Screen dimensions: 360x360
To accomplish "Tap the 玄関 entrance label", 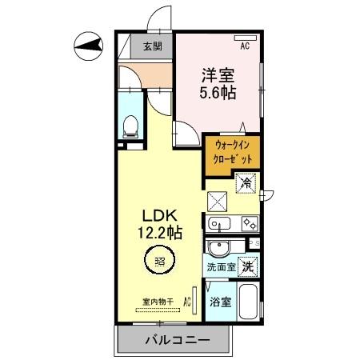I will (153, 46).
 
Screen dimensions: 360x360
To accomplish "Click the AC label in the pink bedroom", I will (245, 46).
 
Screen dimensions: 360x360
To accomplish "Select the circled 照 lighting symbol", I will (159, 260).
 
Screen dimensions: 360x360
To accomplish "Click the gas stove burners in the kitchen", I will (250, 224).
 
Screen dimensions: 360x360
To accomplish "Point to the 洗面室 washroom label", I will (221, 266).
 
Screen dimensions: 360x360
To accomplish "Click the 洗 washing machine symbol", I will (249, 266).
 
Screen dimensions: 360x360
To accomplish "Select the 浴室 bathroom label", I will (221, 302).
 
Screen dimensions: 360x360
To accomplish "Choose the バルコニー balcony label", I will (177, 340).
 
